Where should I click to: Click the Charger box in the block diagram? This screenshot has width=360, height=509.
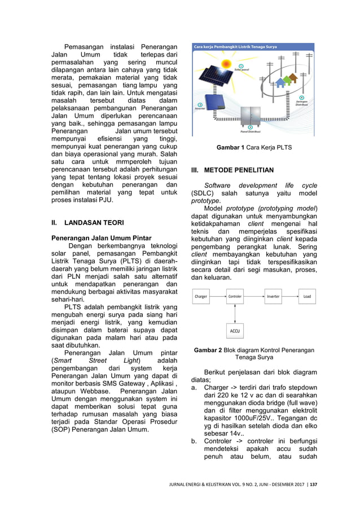tap(201, 296)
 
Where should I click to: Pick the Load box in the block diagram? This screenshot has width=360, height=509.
tap(306, 296)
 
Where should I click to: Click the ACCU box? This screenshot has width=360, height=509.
tap(235, 330)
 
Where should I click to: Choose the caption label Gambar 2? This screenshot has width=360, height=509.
tap(208, 350)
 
